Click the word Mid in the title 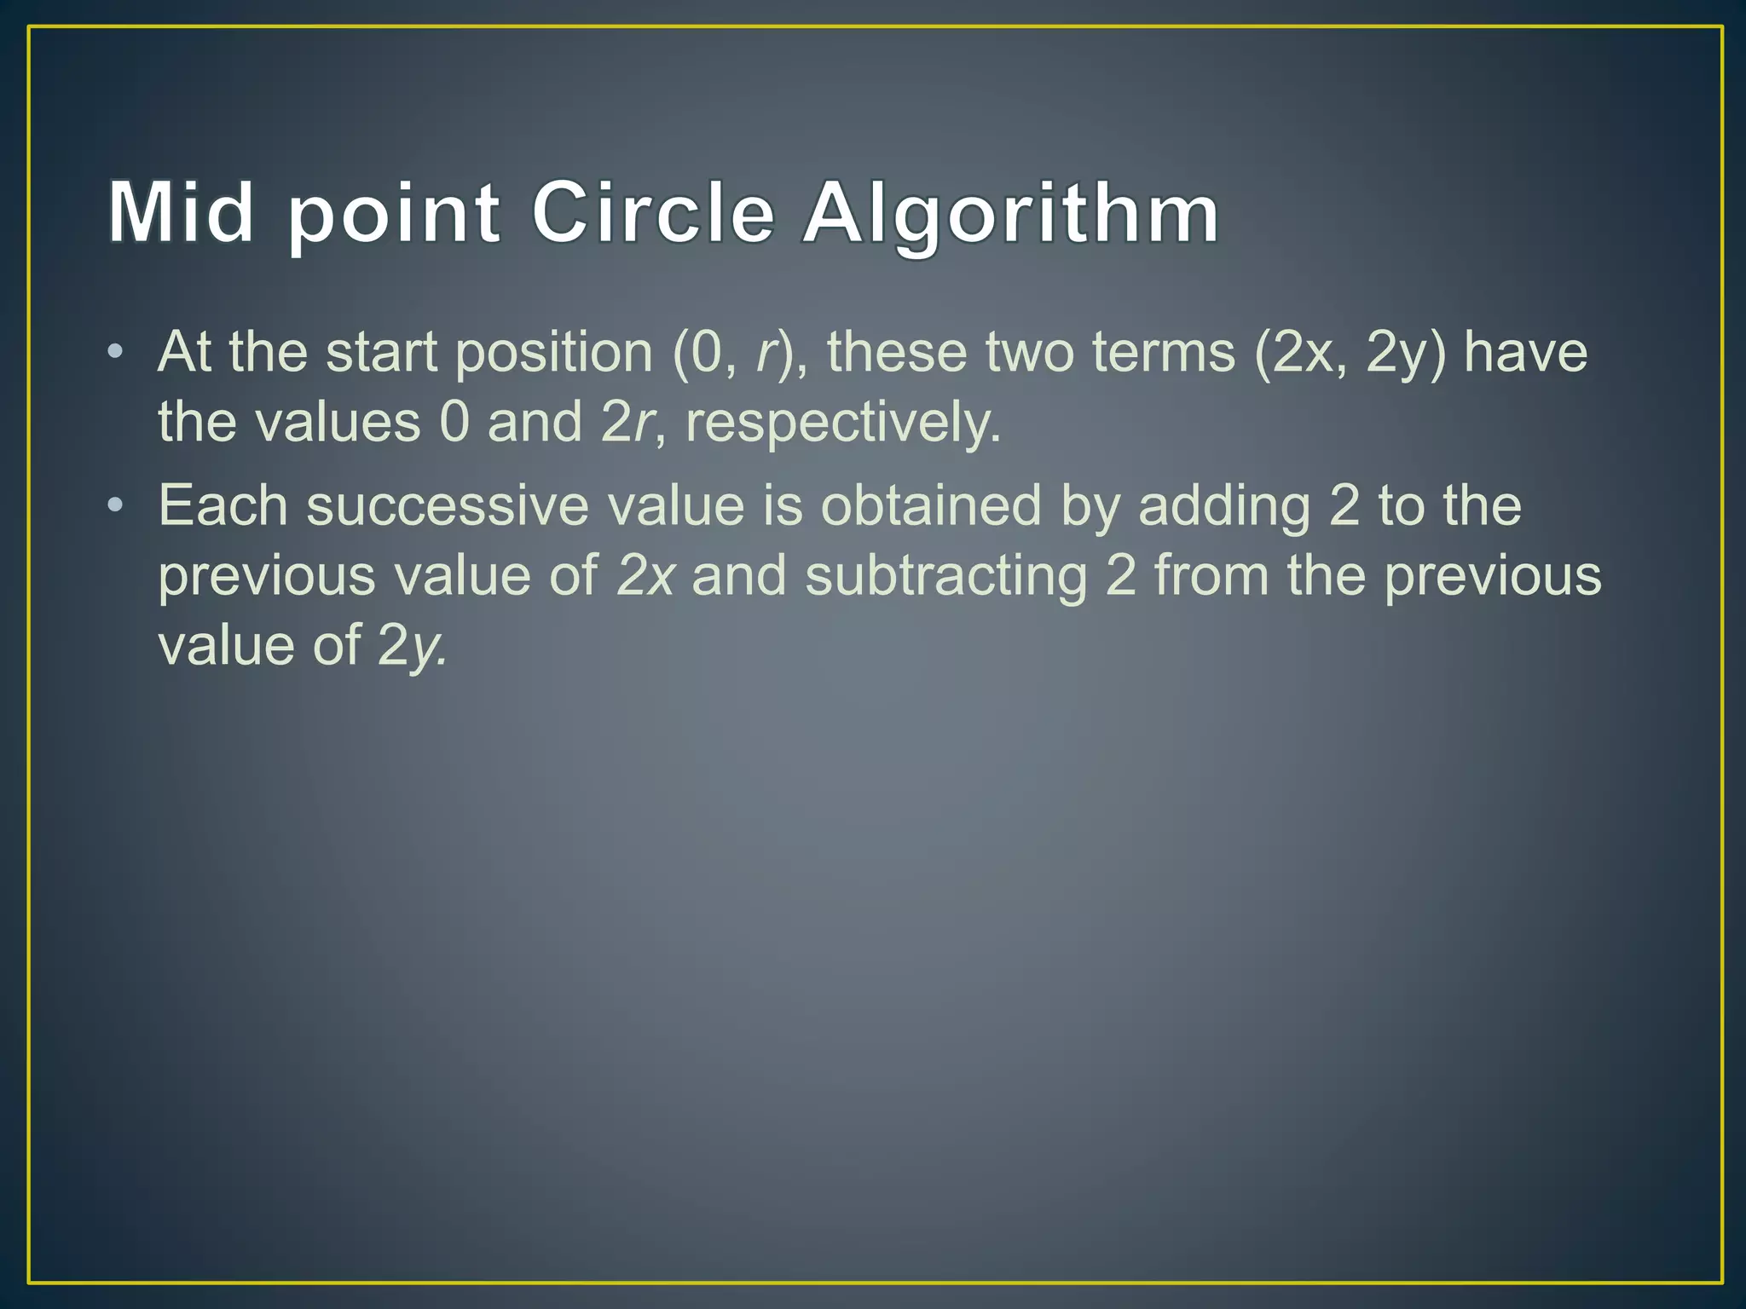[x=181, y=212]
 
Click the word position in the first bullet [x=553, y=353]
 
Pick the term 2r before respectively [x=627, y=423]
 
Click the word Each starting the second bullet [x=223, y=505]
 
